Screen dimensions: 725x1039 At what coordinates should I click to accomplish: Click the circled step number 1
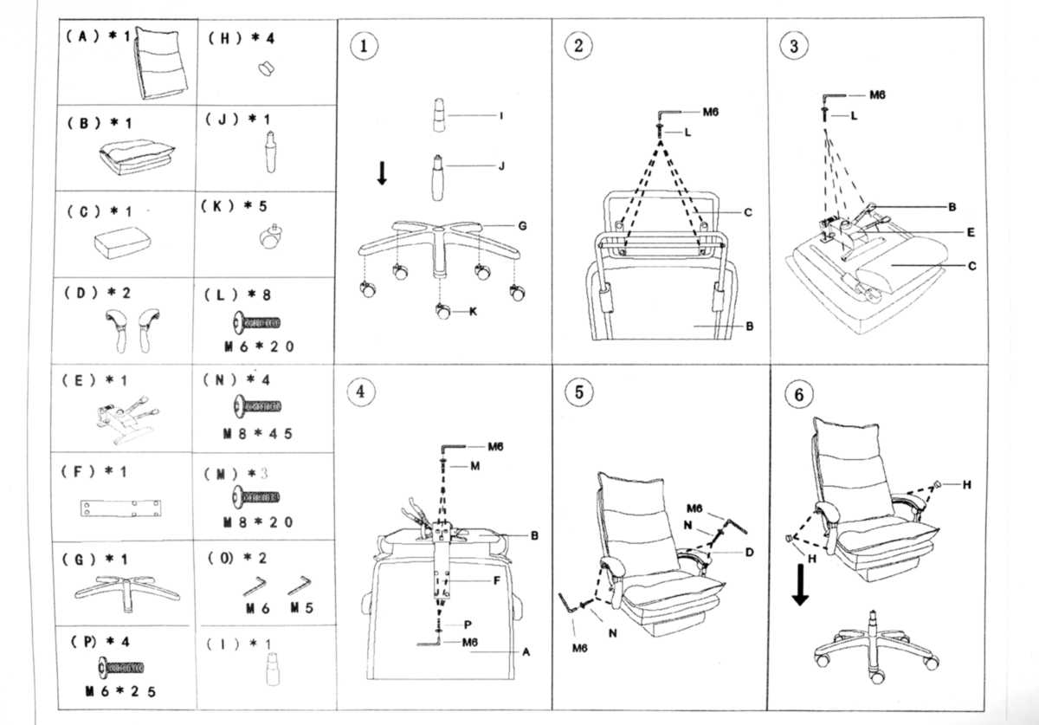(x=364, y=47)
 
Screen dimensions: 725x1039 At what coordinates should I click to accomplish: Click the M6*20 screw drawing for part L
(x=258, y=323)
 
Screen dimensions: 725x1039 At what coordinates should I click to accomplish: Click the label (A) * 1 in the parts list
(x=96, y=37)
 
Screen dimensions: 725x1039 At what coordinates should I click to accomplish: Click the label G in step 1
(x=522, y=225)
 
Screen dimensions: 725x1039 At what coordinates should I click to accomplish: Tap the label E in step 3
(x=971, y=232)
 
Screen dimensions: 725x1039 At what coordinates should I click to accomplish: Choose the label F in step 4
(x=497, y=580)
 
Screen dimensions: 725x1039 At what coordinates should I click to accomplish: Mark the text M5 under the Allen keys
(x=301, y=609)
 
